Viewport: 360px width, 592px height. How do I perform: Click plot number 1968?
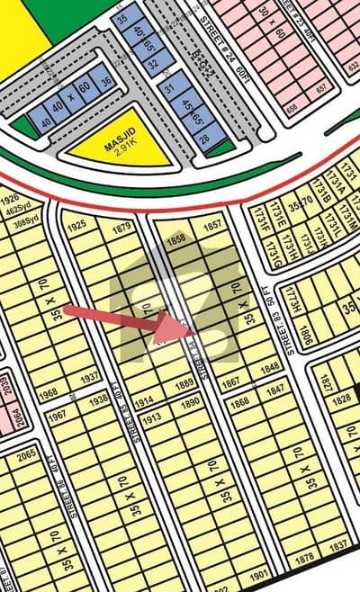tap(50, 392)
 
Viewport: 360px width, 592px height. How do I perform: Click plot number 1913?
tap(150, 417)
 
